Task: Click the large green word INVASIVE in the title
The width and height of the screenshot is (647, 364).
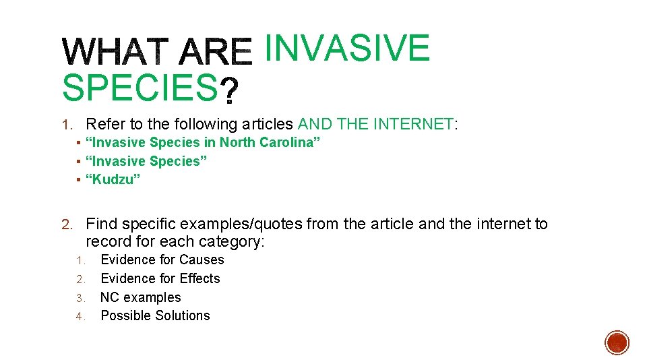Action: pyautogui.click(x=346, y=48)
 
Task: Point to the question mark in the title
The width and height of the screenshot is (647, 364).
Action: pyautogui.click(x=230, y=90)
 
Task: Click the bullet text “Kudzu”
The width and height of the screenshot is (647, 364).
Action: pyautogui.click(x=113, y=179)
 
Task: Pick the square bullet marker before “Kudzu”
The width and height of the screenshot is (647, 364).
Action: pyautogui.click(x=78, y=180)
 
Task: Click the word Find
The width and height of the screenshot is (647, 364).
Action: pyautogui.click(x=101, y=224)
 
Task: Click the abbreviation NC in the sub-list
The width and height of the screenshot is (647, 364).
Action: pyautogui.click(x=110, y=297)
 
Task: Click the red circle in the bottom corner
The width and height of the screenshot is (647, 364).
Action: pyautogui.click(x=617, y=342)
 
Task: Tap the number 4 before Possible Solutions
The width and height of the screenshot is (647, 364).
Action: pyautogui.click(x=79, y=316)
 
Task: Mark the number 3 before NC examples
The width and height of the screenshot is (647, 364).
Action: pyautogui.click(x=79, y=298)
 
